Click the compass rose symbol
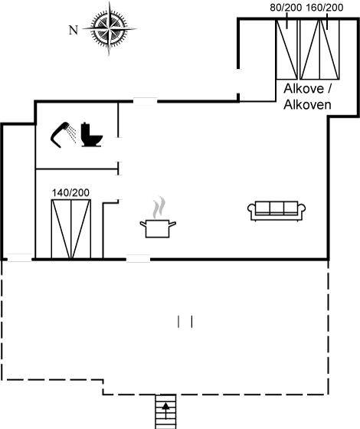110,28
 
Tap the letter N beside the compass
74,30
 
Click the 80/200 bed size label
286,8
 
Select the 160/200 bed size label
325,8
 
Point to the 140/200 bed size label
70,193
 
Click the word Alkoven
307,105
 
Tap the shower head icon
64,135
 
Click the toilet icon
92,135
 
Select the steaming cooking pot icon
158,218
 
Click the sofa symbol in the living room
277,211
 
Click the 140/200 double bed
71,229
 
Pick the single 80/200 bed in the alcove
287,50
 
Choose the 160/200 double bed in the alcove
320,50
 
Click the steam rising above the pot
159,208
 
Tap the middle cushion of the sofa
277,208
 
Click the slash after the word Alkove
329,89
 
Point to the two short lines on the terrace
185,322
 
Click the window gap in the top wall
146,101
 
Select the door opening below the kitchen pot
138,259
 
